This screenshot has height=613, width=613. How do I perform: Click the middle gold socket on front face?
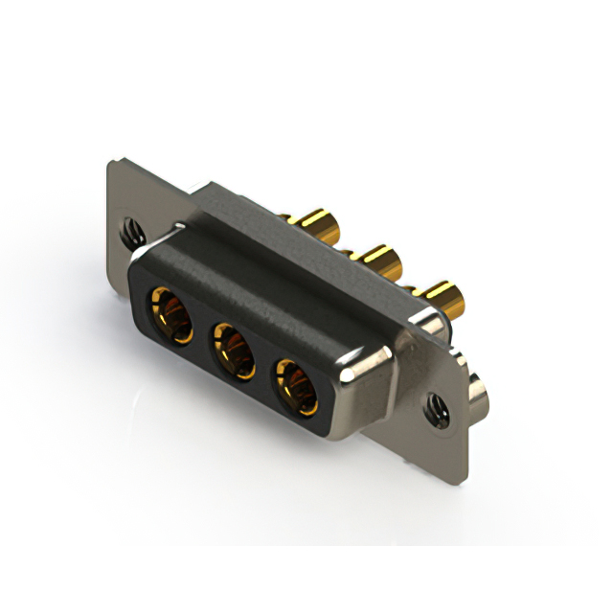(x=234, y=350)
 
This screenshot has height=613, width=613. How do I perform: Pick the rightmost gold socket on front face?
(x=297, y=382)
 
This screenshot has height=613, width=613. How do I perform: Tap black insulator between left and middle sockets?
(x=201, y=333)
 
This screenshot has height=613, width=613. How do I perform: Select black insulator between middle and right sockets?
(x=265, y=366)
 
